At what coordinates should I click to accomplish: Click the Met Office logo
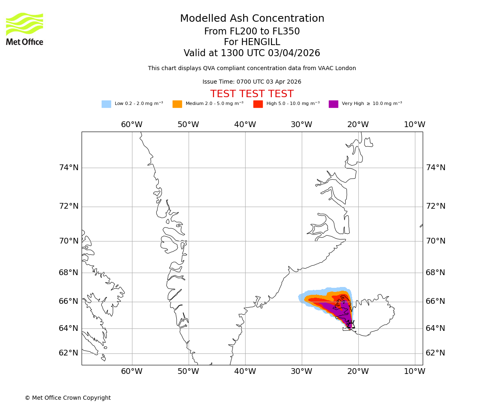[25, 29]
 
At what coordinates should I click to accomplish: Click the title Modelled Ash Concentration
[252, 19]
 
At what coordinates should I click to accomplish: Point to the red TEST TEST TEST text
[252, 94]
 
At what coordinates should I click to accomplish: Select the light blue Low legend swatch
[106, 104]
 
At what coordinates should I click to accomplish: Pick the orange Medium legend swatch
[177, 104]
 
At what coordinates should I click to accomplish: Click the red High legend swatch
[258, 104]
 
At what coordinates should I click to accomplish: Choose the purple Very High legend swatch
[333, 104]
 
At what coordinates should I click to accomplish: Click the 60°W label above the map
[132, 125]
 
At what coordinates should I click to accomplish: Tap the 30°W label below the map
[301, 371]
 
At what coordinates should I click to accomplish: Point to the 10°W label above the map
[415, 125]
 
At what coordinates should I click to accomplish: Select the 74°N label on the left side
[68, 167]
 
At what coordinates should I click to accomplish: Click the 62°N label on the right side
[435, 353]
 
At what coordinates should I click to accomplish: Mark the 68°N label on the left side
[68, 273]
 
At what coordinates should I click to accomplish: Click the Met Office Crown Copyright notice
[68, 398]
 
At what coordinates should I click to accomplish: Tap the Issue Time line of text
[252, 82]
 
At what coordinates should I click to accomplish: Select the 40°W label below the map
[245, 371]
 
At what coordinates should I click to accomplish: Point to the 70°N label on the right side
[435, 241]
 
